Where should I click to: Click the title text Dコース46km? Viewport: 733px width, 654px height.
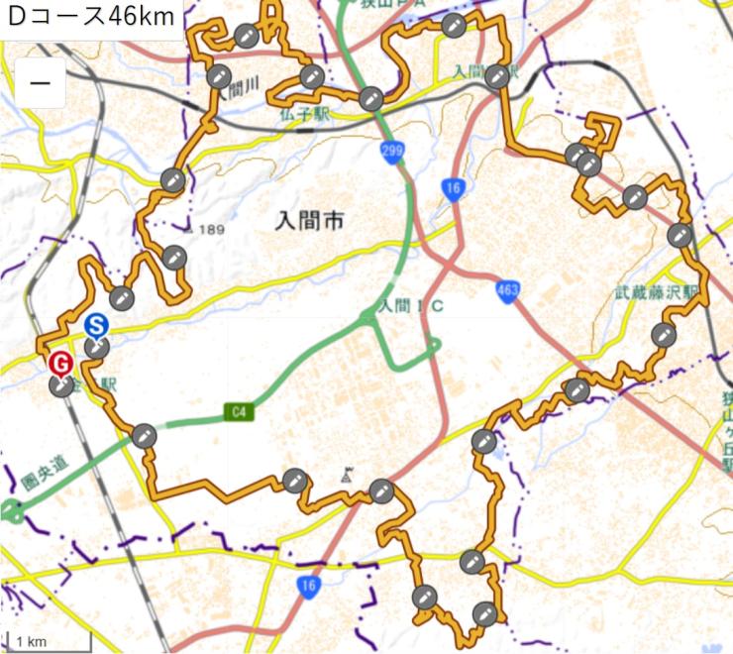[91, 17]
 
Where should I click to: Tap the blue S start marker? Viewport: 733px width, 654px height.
[95, 325]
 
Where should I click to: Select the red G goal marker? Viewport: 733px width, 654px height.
[60, 364]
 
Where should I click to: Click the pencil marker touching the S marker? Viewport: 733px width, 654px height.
[97, 347]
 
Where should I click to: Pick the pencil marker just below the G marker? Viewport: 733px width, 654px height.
[62, 385]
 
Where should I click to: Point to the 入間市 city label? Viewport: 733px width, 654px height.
[310, 224]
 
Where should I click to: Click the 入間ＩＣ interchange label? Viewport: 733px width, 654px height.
[410, 306]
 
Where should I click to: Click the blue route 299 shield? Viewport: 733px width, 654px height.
[392, 150]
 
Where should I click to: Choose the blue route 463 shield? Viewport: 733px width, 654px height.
[508, 289]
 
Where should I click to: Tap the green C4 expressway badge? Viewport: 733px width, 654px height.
[237, 410]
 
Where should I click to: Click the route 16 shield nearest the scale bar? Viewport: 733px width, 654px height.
[309, 587]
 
